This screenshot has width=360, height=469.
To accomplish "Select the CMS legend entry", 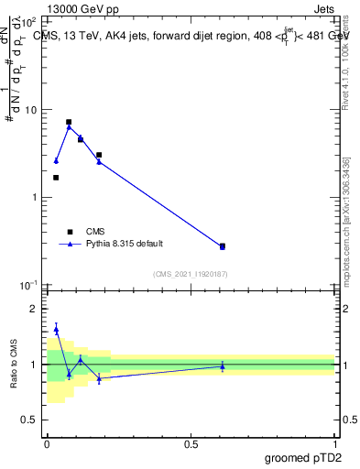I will (95, 232).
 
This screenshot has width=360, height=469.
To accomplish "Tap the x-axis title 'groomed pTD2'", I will (305, 455).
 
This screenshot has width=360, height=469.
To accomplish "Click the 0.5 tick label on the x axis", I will (191, 443).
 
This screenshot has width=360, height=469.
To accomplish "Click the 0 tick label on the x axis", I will (47, 443).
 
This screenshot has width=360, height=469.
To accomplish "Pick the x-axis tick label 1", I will (334, 443).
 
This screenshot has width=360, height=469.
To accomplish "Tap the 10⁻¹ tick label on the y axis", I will (28, 285).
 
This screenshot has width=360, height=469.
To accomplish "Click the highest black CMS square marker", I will (69, 122).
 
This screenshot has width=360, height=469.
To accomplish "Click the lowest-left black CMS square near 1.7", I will (56, 178).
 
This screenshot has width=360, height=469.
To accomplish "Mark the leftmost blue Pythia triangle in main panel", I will (56, 161).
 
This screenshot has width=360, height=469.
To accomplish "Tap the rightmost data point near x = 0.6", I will (223, 246).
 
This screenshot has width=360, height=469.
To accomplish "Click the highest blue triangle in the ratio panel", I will (56, 329).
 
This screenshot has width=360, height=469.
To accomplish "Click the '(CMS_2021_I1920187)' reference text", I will (191, 273).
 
